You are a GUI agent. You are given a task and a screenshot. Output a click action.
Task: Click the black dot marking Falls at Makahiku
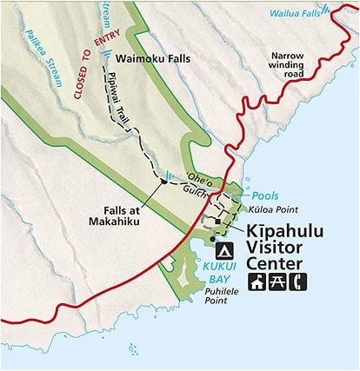[x=163, y=182]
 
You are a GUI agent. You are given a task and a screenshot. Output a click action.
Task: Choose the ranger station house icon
[x=258, y=282]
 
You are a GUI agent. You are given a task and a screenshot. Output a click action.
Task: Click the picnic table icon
[x=279, y=282]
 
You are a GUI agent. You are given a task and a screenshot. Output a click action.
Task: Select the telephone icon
[x=300, y=282]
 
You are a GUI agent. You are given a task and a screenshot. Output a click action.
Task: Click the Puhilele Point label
[x=222, y=297]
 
